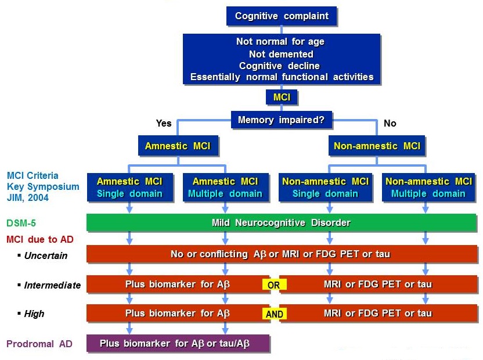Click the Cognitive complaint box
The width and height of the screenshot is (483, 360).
pyautogui.click(x=282, y=16)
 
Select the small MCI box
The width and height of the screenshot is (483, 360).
pyautogui.click(x=282, y=97)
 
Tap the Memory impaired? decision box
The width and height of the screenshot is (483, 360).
pyautogui.click(x=282, y=120)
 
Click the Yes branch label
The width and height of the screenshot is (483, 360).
pyautogui.click(x=164, y=123)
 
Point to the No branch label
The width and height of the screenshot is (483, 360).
pyautogui.click(x=390, y=123)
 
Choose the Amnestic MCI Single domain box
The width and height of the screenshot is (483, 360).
pyautogui.click(x=129, y=187)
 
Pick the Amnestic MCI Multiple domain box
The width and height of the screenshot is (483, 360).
pyautogui.click(x=225, y=187)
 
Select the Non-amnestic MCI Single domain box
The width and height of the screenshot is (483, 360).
pyautogui.click(x=325, y=187)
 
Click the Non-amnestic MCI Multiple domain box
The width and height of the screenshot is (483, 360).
pyautogui.click(x=428, y=187)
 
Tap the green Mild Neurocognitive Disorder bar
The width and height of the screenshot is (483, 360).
pyautogui.click(x=282, y=222)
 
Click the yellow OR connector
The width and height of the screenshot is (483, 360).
pyautogui.click(x=274, y=285)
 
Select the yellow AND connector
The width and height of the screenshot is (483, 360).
pyautogui.click(x=274, y=314)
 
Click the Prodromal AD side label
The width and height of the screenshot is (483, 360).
pyautogui.click(x=39, y=344)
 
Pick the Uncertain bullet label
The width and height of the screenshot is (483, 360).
pyautogui.click(x=45, y=255)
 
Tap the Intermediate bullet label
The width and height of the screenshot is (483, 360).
pyautogui.click(x=51, y=285)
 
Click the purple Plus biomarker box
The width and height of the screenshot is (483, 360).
pyautogui.click(x=178, y=343)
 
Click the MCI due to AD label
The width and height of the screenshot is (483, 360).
pyautogui.click(x=39, y=239)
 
